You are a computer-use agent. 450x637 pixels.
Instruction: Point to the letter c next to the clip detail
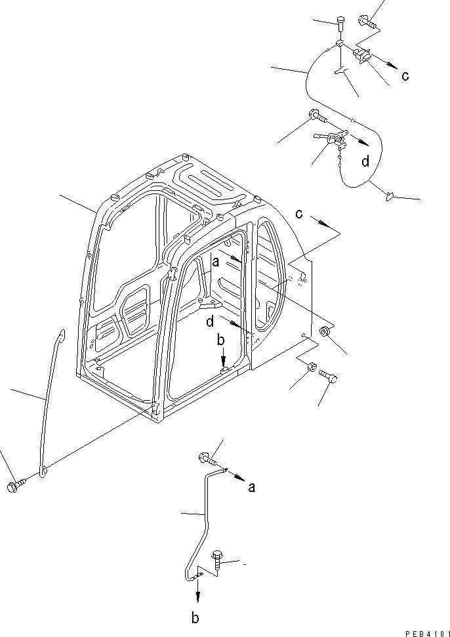point(405,75)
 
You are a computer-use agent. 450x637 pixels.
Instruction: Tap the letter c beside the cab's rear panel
point(299,213)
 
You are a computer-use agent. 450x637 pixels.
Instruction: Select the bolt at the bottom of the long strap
point(14,487)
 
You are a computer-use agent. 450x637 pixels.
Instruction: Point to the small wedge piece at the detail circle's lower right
point(390,194)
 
